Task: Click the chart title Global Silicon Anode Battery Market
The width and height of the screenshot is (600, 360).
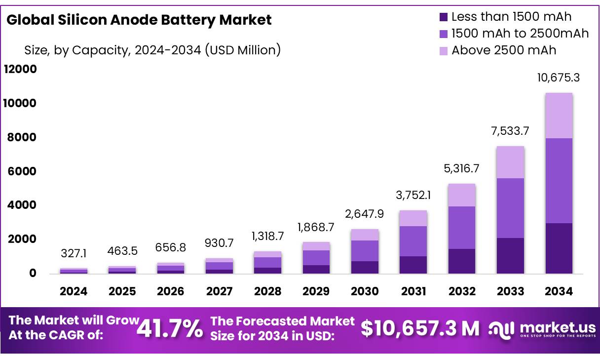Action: (x=139, y=20)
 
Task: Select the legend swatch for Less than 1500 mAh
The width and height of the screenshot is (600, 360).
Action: (x=443, y=17)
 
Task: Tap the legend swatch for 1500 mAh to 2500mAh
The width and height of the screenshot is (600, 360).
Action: (x=443, y=34)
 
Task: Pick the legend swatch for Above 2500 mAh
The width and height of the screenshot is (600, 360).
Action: (x=443, y=50)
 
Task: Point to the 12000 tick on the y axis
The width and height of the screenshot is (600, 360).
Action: (x=20, y=69)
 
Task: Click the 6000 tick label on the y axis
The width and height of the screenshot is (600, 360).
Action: (x=20, y=171)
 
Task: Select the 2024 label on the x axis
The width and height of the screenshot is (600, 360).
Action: (x=74, y=291)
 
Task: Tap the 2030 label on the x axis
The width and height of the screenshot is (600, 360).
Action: (x=365, y=291)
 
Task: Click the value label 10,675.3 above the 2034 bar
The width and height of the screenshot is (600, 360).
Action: (x=559, y=78)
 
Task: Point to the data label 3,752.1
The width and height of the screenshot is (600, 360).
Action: (x=413, y=195)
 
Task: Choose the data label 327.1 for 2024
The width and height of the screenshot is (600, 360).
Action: (x=74, y=253)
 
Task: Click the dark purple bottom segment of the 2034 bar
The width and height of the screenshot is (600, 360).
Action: (x=559, y=248)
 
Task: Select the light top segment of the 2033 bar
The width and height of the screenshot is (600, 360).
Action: (x=510, y=162)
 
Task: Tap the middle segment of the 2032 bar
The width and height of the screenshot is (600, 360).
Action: (x=462, y=227)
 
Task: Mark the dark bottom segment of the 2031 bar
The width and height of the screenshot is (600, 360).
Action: (x=413, y=265)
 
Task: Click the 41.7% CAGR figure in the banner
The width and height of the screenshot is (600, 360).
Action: (x=170, y=329)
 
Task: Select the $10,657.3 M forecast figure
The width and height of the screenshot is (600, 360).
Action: (x=420, y=329)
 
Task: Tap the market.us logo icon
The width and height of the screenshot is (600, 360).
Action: (x=502, y=329)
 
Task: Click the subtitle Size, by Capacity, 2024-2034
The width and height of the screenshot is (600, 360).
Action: (x=152, y=50)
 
